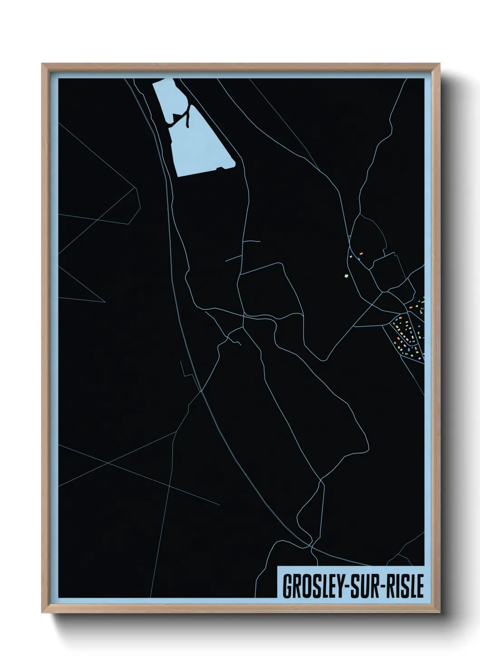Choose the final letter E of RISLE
pyautogui.click(x=420, y=587)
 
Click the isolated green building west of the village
pyautogui.click(x=346, y=275)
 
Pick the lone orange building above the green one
pyautogui.click(x=362, y=253)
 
